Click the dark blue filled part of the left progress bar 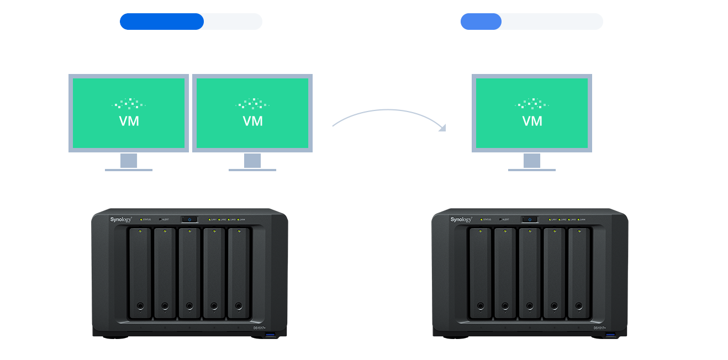coord(161,22)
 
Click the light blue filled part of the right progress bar coord(481,22)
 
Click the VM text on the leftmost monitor coord(129,121)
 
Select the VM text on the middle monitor coord(252,121)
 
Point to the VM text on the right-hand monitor coord(532,121)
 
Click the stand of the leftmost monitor coord(129,161)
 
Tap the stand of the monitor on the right coord(532,161)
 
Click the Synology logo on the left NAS coord(121,220)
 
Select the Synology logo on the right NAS coord(461,220)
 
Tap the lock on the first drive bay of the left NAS coord(140,305)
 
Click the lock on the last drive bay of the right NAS coord(578,305)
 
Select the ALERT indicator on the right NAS coord(500,220)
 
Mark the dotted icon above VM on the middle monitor coord(252,103)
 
